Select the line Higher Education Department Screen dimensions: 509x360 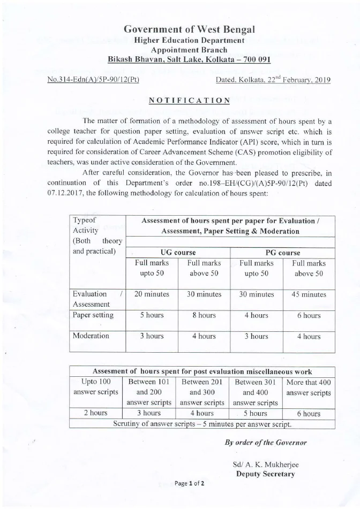189,40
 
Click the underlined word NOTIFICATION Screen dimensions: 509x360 189,100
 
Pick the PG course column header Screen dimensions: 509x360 282,252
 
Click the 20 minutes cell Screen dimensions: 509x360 152,294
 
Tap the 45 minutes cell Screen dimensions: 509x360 309,294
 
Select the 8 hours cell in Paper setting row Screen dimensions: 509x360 204,315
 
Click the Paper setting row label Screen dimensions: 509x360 93,315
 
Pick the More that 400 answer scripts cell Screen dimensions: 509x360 309,388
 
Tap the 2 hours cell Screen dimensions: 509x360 96,413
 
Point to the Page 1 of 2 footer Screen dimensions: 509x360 190,483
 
